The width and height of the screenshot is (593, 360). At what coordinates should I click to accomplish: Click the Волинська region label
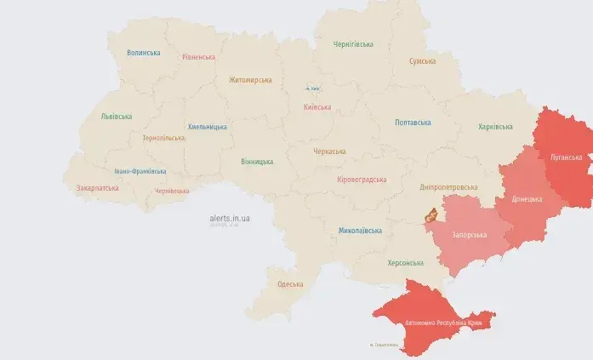click(143, 53)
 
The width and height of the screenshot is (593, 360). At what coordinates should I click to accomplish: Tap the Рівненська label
click(198, 57)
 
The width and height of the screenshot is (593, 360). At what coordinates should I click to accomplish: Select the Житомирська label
click(250, 80)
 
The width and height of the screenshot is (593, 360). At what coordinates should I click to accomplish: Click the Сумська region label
click(422, 61)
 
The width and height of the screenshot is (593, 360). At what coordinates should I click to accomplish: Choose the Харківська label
click(495, 127)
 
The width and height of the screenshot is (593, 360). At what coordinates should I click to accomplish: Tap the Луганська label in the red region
click(566, 157)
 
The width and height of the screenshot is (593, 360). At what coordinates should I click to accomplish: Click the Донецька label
click(527, 199)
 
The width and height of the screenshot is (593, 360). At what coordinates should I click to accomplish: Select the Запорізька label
click(469, 234)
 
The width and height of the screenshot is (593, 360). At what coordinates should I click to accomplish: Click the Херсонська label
click(405, 263)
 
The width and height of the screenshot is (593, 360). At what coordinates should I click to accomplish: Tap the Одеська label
click(290, 283)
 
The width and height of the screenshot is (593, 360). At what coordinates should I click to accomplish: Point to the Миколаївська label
click(358, 231)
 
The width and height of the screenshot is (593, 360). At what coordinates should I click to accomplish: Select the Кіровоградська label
click(362, 180)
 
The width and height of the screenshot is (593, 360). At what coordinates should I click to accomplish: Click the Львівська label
click(117, 116)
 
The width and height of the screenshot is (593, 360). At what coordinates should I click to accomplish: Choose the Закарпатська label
click(97, 187)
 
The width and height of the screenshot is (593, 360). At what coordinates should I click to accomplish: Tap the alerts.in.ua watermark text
click(229, 218)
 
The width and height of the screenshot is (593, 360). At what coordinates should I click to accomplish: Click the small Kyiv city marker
click(313, 88)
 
